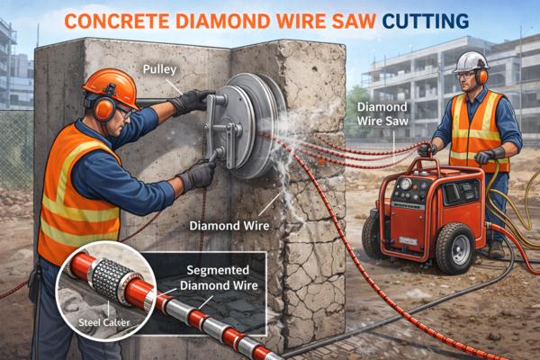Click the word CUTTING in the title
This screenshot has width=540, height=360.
pos(426,21)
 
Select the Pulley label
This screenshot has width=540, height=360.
pos(159,69)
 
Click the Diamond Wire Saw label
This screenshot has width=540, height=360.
pos(382,113)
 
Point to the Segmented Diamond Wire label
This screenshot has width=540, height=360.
pos(219,278)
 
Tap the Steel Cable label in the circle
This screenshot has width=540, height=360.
pos(104,322)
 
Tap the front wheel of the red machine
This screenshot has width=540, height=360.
pos(455,247)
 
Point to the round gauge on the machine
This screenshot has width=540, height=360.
pos(406,184)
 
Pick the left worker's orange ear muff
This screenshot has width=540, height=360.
pos(103,108)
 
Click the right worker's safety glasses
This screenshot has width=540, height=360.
pos(465,75)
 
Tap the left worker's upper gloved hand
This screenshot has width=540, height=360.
pos(192,101)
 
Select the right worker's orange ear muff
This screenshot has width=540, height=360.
pos(481,76)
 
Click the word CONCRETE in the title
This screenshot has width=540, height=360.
pos(117,21)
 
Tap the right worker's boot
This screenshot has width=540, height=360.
pos(496,250)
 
